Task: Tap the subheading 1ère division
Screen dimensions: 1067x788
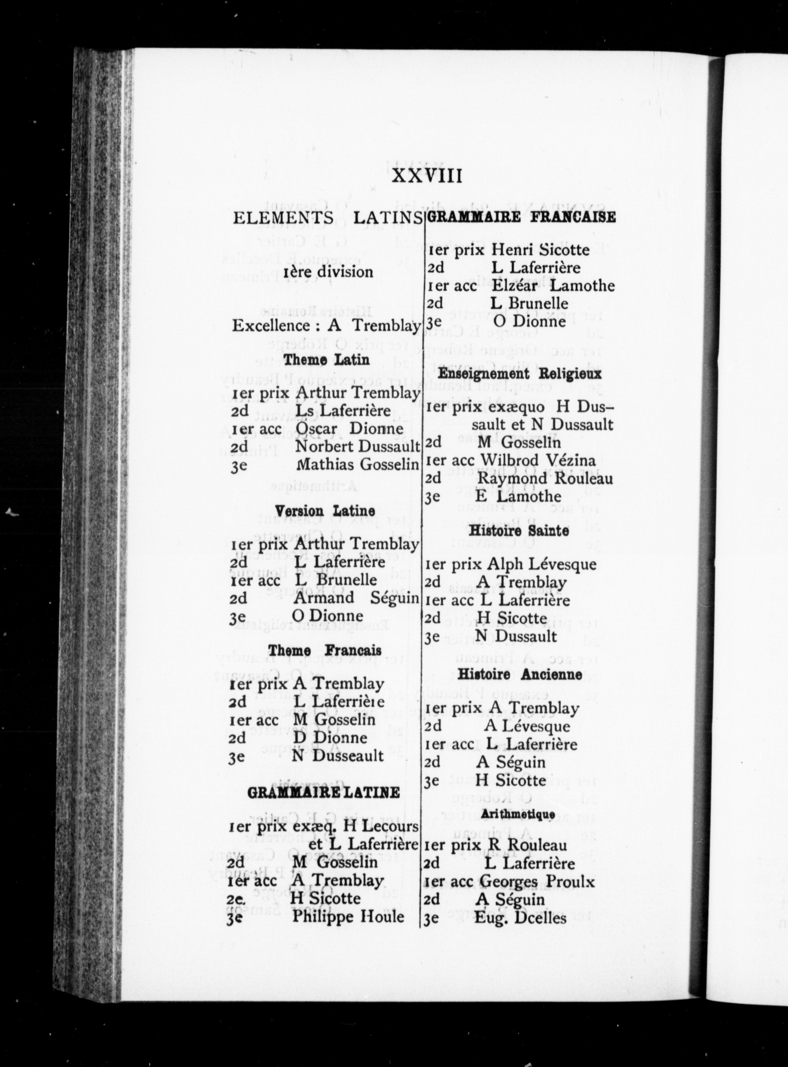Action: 328,272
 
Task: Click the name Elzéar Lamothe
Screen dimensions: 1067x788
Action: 553,286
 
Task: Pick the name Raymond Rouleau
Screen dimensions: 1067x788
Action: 545,478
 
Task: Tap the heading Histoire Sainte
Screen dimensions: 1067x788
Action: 519,530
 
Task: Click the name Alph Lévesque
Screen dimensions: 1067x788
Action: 541,564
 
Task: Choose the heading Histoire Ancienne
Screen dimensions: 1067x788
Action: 520,675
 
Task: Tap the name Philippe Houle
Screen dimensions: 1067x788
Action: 348,917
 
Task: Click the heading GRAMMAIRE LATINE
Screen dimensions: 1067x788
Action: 324,793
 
